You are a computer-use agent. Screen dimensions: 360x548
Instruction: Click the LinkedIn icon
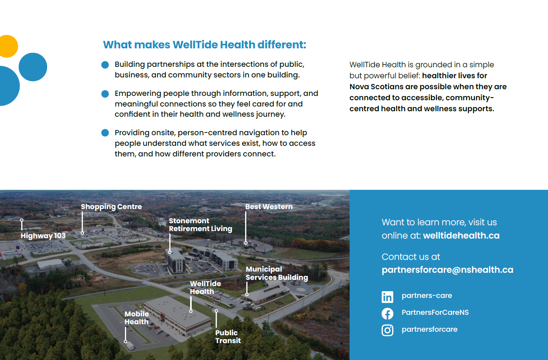[x=387, y=297]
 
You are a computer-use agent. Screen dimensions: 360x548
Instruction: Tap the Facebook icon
[x=387, y=313]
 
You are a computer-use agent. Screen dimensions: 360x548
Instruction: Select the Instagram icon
[x=387, y=330]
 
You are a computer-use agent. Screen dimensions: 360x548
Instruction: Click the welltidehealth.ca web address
[x=461, y=235]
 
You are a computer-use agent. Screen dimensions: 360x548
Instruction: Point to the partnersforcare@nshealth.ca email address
[x=447, y=270]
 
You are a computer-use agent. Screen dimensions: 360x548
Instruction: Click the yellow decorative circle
[x=7, y=46]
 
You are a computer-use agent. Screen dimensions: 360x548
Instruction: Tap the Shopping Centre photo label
[x=111, y=207]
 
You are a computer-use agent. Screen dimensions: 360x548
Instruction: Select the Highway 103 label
[x=43, y=236]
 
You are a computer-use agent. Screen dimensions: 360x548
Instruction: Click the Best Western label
[x=269, y=207]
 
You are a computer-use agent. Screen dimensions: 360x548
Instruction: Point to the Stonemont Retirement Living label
[x=200, y=225]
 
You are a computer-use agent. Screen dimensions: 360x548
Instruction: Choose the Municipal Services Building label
[x=277, y=273]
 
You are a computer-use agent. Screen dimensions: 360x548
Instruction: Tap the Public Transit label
[x=228, y=337]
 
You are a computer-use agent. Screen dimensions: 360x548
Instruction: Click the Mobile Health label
[x=137, y=318]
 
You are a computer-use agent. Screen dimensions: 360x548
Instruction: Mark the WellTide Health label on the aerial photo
[x=205, y=288]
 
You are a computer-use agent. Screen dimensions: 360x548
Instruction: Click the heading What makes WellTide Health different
[x=204, y=45]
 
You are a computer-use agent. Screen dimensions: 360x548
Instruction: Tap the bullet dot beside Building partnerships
[x=105, y=65]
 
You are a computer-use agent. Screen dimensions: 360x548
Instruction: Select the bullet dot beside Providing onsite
[x=105, y=133]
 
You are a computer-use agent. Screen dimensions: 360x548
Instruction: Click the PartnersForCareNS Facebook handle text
[x=435, y=312]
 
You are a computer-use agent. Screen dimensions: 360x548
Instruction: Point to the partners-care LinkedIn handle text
[x=427, y=296]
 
